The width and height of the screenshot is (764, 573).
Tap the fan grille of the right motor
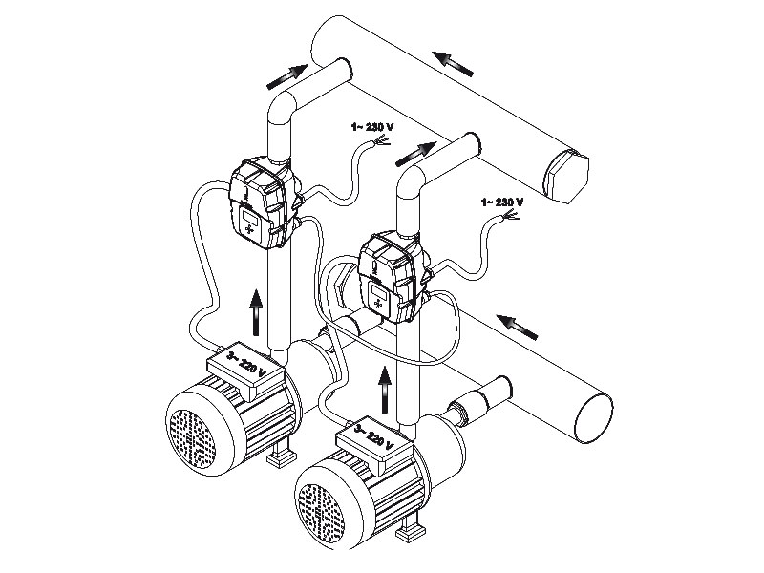[323, 503]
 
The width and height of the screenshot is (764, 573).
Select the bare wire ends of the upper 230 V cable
[384, 142]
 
